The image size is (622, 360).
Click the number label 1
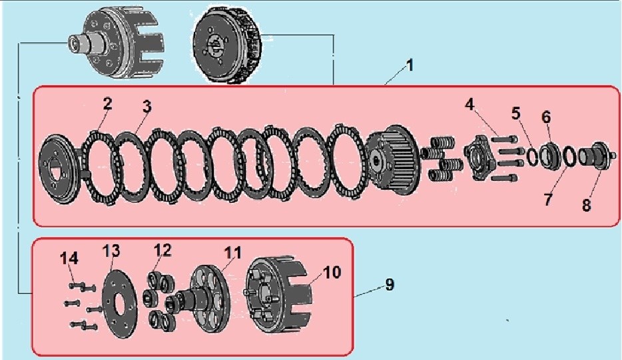click(410, 66)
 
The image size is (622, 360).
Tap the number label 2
click(107, 104)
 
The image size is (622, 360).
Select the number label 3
click(147, 106)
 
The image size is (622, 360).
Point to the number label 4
click(470, 104)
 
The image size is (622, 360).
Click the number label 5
click(516, 112)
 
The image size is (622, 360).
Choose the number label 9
click(389, 285)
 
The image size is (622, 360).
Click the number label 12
click(162, 250)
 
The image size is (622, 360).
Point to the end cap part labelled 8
click(595, 157)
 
